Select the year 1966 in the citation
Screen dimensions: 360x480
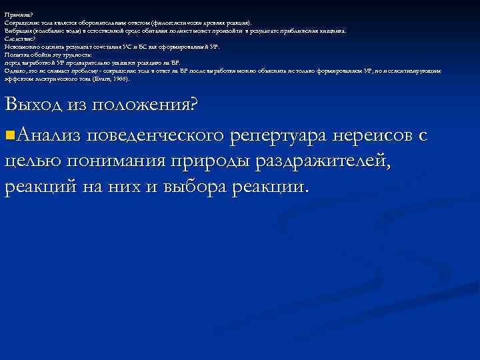(121, 78)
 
